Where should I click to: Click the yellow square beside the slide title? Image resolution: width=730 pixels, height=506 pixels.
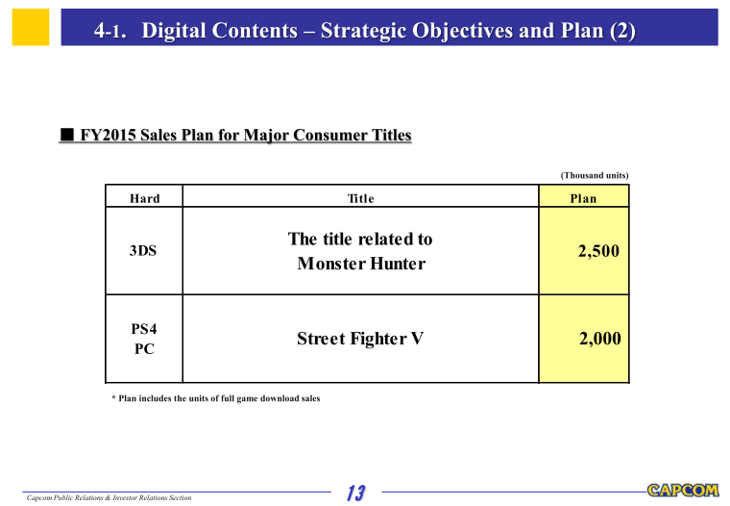pos(31,27)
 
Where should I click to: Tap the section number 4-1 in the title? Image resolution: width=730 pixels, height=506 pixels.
pos(109,31)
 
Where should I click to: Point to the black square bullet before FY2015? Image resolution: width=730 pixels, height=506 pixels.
pos(67,135)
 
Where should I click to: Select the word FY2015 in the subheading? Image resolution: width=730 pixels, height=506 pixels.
pos(108,135)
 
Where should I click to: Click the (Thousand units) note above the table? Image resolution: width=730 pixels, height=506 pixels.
pos(594,175)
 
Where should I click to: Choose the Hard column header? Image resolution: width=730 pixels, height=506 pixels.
pos(144,199)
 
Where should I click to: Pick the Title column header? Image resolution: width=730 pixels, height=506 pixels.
pos(361,199)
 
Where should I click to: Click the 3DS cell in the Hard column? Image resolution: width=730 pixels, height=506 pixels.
pos(143,250)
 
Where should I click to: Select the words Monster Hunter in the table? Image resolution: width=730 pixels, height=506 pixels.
pos(361,264)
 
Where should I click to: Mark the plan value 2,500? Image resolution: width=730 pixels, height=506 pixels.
pos(598,251)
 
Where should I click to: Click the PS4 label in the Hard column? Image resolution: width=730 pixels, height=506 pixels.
pos(144,329)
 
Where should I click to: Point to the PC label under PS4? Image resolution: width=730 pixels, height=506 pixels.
pos(144,349)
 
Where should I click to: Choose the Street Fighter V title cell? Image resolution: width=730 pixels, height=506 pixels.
pos(360,338)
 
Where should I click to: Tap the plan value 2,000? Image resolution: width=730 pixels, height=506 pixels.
pos(600,338)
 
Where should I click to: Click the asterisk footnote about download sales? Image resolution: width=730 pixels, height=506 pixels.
pos(216,398)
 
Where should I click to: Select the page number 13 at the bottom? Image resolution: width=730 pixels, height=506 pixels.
pos(356,493)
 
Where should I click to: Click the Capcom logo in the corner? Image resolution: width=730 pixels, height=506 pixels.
pos(683,491)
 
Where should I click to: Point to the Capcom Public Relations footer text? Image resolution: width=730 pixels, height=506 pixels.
pos(109,497)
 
